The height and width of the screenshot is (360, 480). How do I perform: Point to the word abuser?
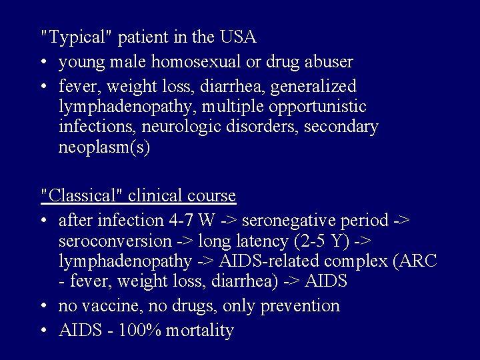(x=327, y=62)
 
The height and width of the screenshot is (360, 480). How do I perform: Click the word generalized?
(x=316, y=87)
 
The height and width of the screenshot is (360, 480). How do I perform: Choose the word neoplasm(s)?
(x=105, y=147)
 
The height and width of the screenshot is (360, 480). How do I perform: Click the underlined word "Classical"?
(x=83, y=196)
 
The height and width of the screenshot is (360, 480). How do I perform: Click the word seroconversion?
(x=115, y=240)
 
